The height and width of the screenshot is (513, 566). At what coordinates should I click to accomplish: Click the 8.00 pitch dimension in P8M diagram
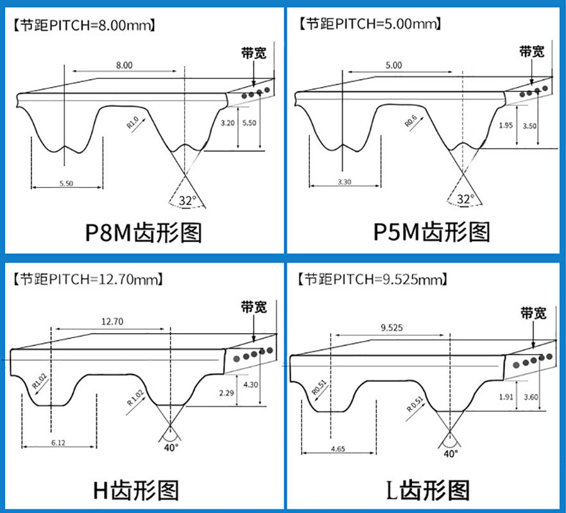[124, 65]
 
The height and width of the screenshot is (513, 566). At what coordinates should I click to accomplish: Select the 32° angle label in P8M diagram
[187, 201]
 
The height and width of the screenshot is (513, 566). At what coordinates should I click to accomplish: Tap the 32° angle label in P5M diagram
[465, 199]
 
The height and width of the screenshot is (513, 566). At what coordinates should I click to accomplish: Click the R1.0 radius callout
[132, 121]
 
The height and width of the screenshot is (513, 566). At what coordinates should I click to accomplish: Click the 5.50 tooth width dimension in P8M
[66, 183]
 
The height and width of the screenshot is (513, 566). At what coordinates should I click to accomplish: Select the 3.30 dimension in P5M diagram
[344, 182]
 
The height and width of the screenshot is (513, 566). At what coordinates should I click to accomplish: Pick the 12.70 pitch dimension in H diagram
[112, 322]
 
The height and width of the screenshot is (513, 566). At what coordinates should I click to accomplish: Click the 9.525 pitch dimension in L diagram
[391, 328]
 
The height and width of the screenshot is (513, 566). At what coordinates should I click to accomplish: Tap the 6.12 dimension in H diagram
[58, 442]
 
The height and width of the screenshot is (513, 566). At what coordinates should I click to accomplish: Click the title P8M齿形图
[143, 231]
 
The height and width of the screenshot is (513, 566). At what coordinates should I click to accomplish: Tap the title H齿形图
[135, 490]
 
